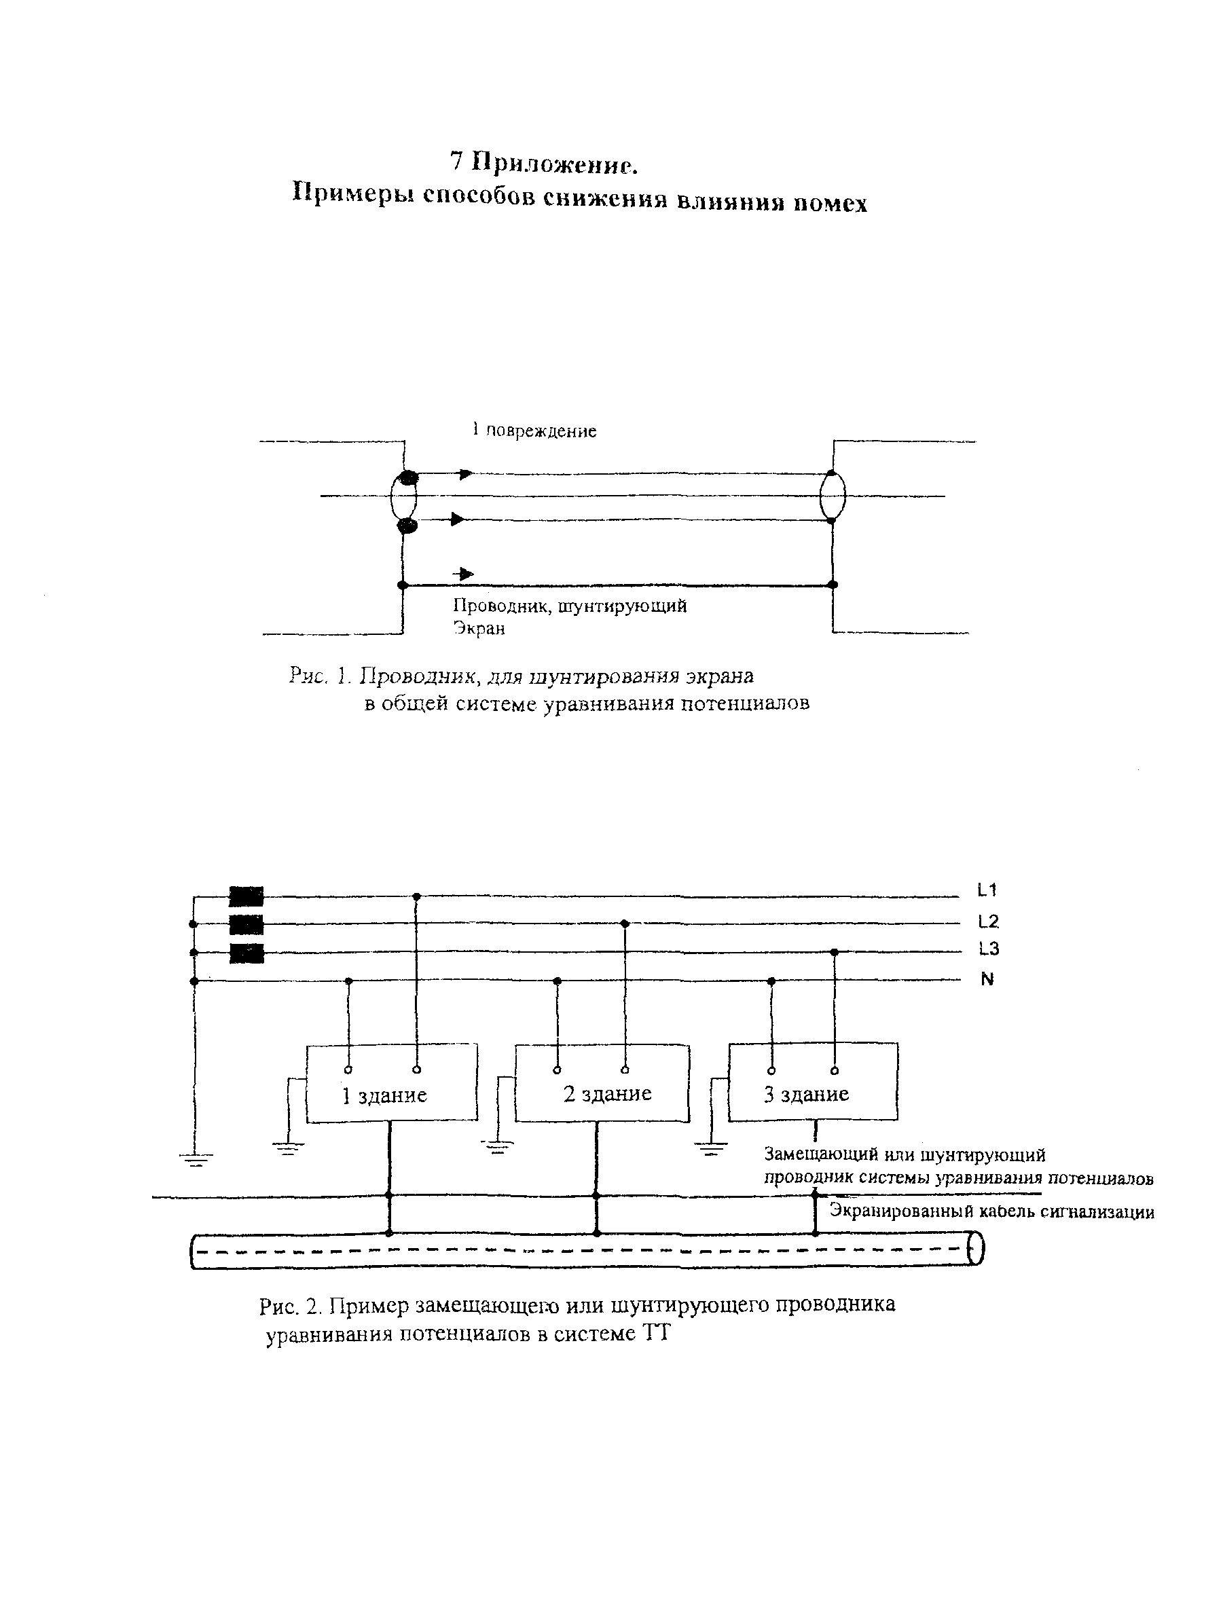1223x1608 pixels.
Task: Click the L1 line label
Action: [987, 890]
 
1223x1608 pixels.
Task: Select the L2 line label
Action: [988, 921]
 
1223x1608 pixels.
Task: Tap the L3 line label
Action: [988, 949]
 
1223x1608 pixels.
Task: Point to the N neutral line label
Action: [987, 979]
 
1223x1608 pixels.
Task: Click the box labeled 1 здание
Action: [392, 1082]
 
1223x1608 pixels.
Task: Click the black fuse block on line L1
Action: [246, 896]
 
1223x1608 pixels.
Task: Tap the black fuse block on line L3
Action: [246, 953]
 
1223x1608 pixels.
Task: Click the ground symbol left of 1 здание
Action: [289, 1150]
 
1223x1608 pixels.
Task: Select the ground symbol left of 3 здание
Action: [710, 1150]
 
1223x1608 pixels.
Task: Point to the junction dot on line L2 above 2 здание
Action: [625, 923]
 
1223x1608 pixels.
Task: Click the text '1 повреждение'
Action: [534, 431]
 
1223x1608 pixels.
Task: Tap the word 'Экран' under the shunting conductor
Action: [479, 628]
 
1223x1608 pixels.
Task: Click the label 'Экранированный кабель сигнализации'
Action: [991, 1212]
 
